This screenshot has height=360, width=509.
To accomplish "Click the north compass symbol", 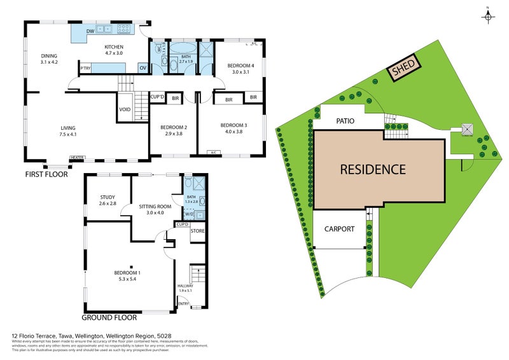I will point(487,17).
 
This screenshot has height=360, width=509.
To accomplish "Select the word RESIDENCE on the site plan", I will point(372,169).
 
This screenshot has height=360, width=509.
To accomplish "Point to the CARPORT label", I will point(338,229).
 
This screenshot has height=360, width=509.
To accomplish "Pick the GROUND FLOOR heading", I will point(107,316).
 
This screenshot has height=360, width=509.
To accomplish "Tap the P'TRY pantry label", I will point(85,67).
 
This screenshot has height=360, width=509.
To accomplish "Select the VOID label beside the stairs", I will point(125,109).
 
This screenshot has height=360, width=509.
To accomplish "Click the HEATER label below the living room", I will point(78,157).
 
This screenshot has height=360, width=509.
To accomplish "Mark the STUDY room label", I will point(108,197).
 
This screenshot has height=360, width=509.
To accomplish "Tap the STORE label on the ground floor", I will point(197,230).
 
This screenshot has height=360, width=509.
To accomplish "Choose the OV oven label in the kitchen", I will point(143,67).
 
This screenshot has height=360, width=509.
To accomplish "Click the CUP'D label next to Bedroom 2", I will point(158,97).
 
